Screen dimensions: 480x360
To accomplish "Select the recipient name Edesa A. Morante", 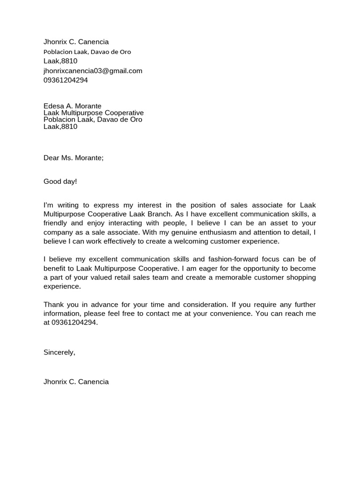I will click(x=72, y=106).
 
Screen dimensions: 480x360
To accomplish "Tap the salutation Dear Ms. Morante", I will click(x=73, y=158).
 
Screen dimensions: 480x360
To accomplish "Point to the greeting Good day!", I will click(x=60, y=181).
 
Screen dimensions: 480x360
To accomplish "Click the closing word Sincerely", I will click(x=59, y=352).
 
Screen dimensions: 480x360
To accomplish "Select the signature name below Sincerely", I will click(x=76, y=382).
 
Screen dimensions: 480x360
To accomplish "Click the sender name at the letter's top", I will click(x=76, y=42).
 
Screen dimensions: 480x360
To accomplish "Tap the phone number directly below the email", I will click(x=66, y=80).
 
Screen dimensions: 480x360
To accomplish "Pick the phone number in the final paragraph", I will click(x=74, y=322).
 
